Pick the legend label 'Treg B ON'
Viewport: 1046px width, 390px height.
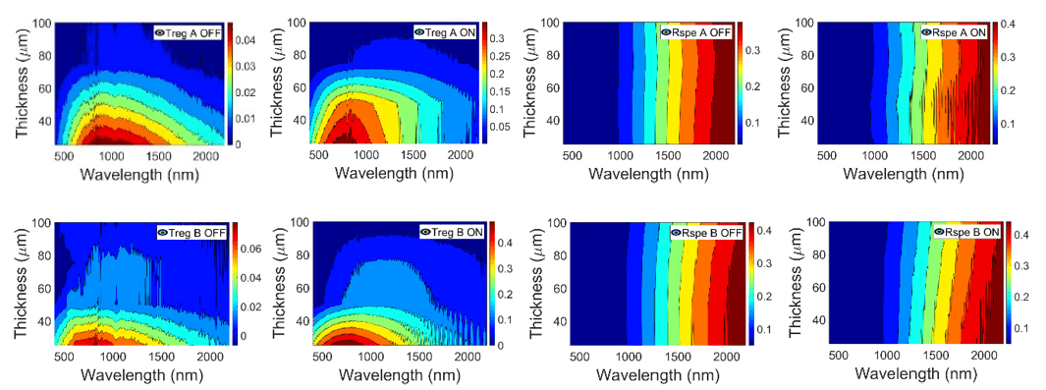(455, 233)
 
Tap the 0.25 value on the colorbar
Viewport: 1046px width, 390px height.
(498, 56)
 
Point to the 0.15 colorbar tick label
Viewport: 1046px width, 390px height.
(498, 91)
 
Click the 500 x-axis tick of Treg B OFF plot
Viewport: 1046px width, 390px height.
(66, 355)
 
